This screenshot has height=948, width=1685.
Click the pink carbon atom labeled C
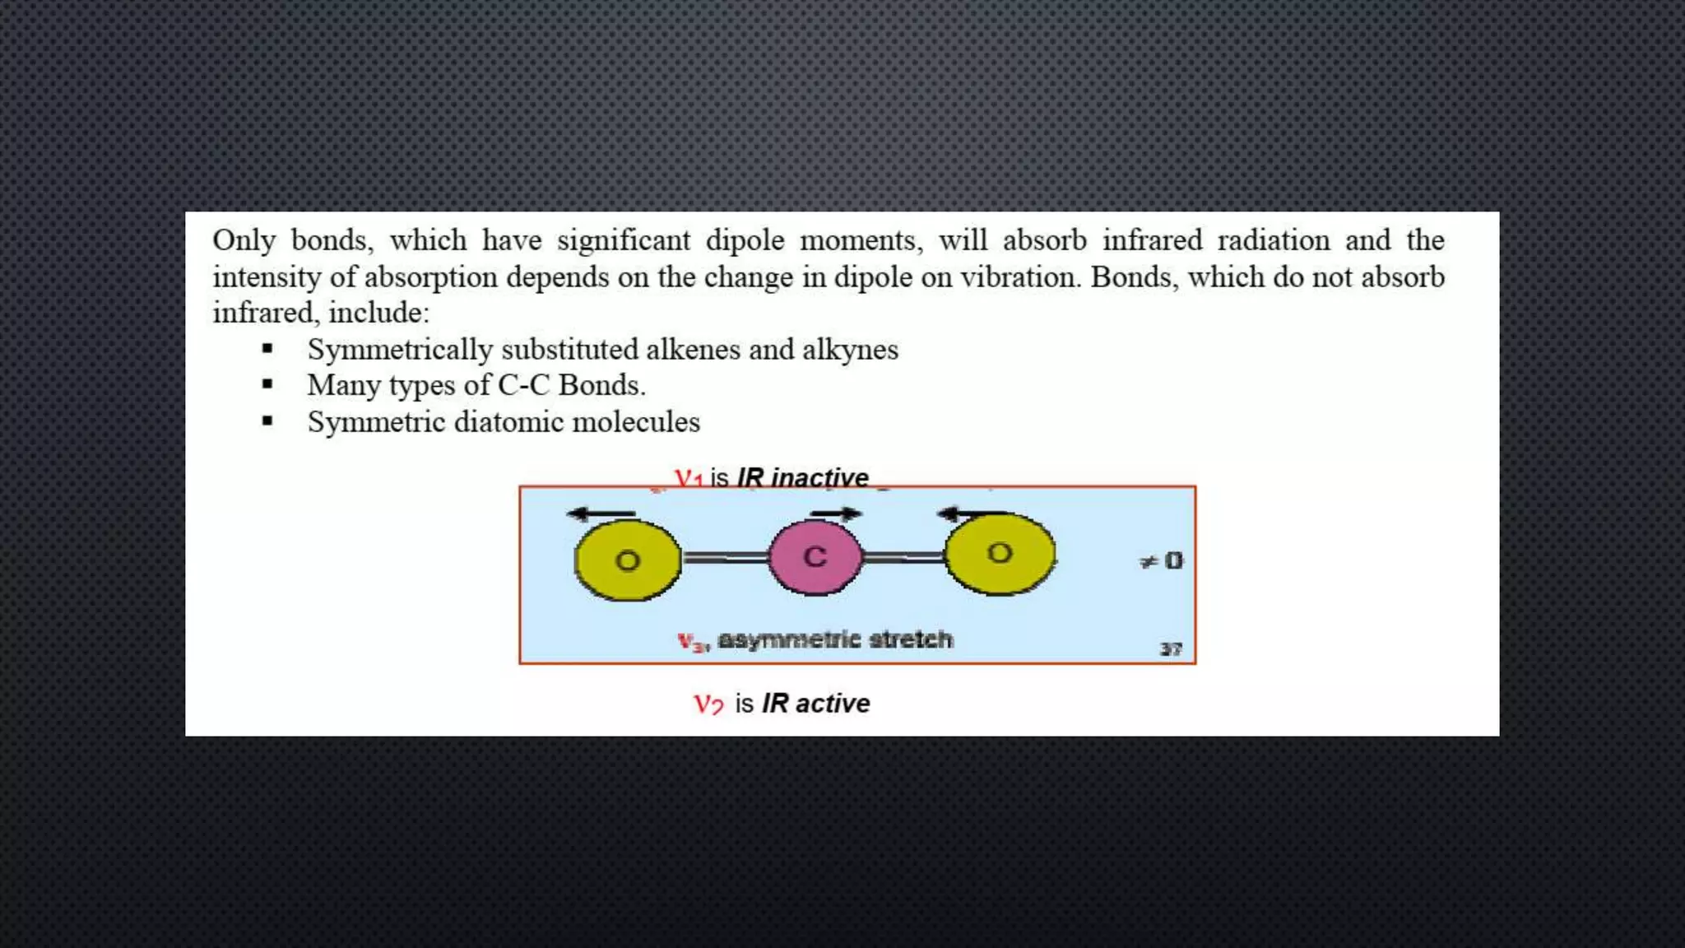(x=815, y=557)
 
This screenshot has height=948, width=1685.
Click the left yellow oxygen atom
(x=627, y=560)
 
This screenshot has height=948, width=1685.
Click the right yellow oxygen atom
(x=1000, y=553)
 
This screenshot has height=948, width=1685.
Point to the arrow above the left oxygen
(x=601, y=514)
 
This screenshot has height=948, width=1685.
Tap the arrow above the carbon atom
(x=836, y=513)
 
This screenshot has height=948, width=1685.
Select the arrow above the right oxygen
(x=971, y=514)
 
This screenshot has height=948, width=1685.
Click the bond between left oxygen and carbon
(x=725, y=558)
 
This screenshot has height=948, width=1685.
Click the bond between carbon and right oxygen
(x=903, y=557)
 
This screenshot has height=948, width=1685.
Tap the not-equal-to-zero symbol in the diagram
(x=1161, y=561)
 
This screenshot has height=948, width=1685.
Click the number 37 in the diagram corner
(x=1171, y=649)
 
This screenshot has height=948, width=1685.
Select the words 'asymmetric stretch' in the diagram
(x=834, y=639)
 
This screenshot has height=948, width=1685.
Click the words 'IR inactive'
(x=803, y=477)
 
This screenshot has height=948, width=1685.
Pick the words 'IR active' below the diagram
(x=815, y=704)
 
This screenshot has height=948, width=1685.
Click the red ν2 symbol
(x=708, y=704)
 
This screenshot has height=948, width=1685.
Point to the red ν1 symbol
(x=688, y=478)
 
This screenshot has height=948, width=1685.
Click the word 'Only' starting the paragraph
(x=244, y=240)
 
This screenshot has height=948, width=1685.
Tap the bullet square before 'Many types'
(x=267, y=384)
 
